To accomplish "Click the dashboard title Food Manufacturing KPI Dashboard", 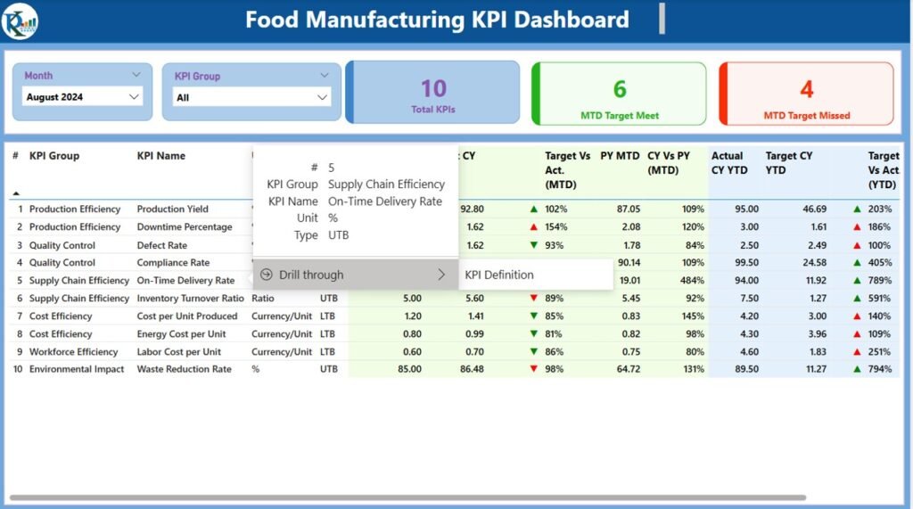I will (x=437, y=20).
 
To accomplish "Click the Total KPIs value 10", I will (x=433, y=88).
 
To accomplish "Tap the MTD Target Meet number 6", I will (x=619, y=89).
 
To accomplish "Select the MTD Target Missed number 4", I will (x=806, y=89).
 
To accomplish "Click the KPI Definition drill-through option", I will (x=499, y=275).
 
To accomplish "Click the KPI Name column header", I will (x=161, y=156).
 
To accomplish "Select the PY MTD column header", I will (x=620, y=156).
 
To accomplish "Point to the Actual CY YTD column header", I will (x=728, y=162).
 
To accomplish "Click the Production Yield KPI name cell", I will (x=173, y=209).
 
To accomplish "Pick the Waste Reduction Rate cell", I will (x=185, y=369).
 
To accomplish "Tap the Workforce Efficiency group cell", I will (x=74, y=351).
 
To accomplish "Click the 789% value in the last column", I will (x=879, y=281).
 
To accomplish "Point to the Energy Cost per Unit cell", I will (x=181, y=334).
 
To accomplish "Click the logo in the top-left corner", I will (x=20, y=21).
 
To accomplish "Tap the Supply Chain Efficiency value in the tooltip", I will (x=386, y=185).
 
